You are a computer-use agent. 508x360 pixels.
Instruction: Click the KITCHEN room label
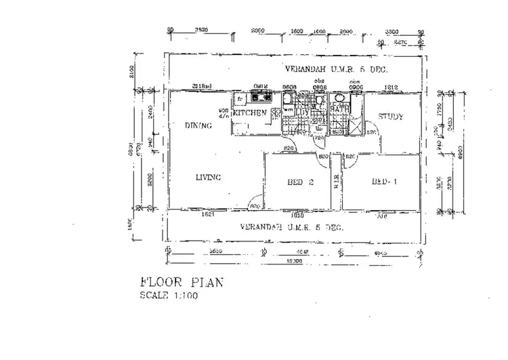[249, 113]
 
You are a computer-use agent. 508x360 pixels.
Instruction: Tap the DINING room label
[198, 125]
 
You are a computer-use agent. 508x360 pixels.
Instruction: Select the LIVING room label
[209, 178]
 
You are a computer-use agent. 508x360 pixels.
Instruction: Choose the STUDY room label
[391, 117]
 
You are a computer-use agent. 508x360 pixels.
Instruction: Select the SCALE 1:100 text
[169, 296]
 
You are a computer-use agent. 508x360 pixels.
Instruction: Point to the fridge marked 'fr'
[239, 98]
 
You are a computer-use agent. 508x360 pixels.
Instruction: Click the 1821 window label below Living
[209, 214]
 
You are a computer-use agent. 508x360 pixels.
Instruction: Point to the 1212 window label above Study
[391, 87]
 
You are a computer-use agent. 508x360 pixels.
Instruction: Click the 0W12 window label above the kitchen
[261, 86]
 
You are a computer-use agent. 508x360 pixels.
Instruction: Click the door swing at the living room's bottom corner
[255, 203]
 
